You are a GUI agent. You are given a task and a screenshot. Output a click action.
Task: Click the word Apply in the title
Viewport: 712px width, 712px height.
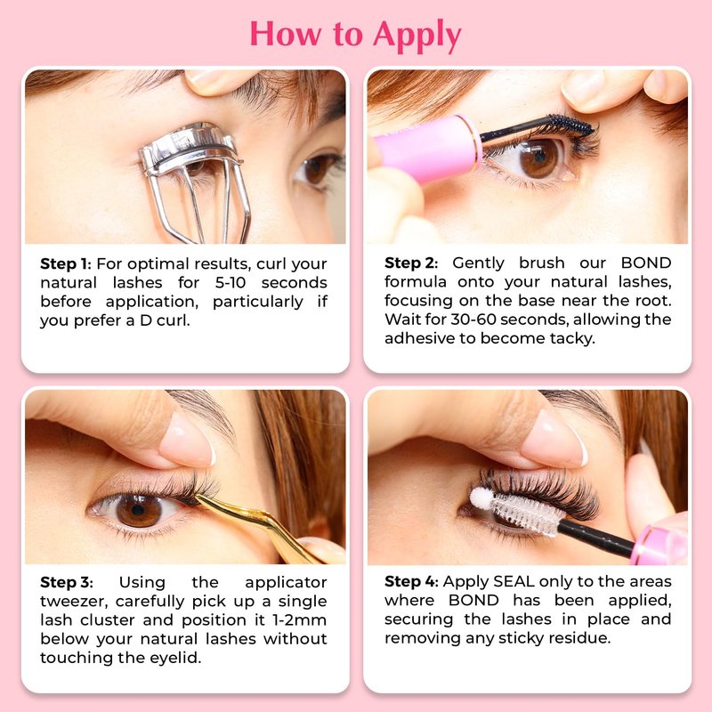[417, 36]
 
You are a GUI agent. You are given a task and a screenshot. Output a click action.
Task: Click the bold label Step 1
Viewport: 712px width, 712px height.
[65, 263]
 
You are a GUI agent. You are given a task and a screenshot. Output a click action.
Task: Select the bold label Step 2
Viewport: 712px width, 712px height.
[411, 263]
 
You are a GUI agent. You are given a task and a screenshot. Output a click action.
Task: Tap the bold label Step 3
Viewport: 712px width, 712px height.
[66, 582]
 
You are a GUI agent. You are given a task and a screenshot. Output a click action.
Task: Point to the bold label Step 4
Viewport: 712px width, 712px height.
[411, 581]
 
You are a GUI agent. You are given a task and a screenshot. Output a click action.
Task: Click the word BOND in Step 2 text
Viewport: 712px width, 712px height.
[646, 263]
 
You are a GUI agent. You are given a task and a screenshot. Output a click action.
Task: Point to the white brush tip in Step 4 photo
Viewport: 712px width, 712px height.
[481, 498]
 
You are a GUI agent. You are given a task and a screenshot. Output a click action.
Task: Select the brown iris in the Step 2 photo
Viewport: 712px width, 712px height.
[539, 158]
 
